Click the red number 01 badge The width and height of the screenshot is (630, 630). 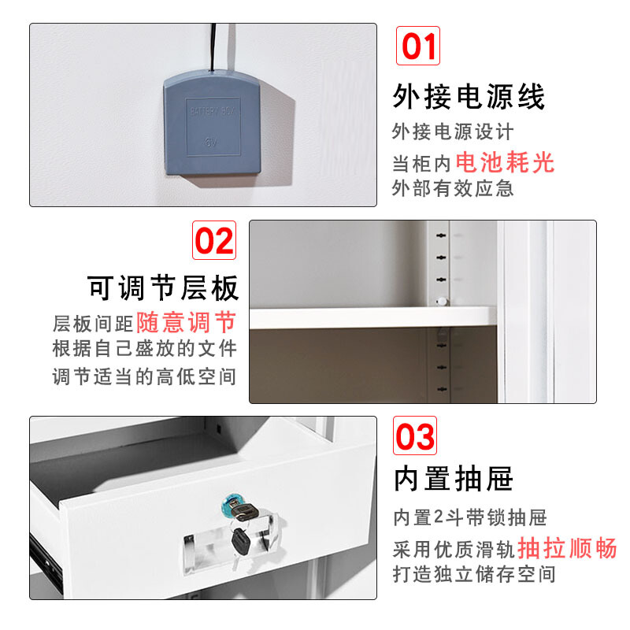tap(418, 46)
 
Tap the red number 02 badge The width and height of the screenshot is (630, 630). tap(214, 240)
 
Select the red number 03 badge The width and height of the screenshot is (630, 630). tap(415, 436)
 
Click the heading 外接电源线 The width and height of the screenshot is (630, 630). tap(469, 96)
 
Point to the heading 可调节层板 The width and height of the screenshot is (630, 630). tap(163, 288)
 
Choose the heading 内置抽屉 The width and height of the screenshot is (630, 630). tap(454, 479)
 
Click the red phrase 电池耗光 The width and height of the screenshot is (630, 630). tap(505, 162)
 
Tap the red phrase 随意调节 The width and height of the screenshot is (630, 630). tap(186, 322)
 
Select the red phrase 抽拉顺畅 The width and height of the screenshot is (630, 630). tap(567, 547)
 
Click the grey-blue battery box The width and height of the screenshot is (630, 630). tap(212, 123)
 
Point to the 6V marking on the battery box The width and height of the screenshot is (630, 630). tap(211, 143)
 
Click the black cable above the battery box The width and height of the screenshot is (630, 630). tap(213, 47)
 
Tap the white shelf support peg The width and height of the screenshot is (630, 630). tap(442, 301)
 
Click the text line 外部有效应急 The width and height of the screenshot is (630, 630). tap(453, 188)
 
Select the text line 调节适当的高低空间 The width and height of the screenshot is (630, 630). tap(144, 377)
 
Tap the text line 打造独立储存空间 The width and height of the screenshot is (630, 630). tap(474, 574)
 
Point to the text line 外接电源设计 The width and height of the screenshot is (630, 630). tap(453, 132)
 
